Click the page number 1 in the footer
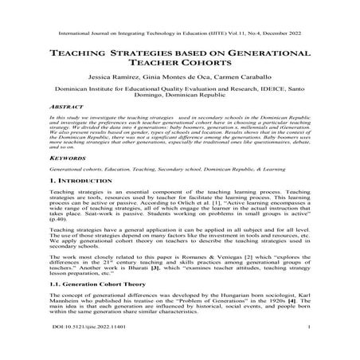click(306, 348)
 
